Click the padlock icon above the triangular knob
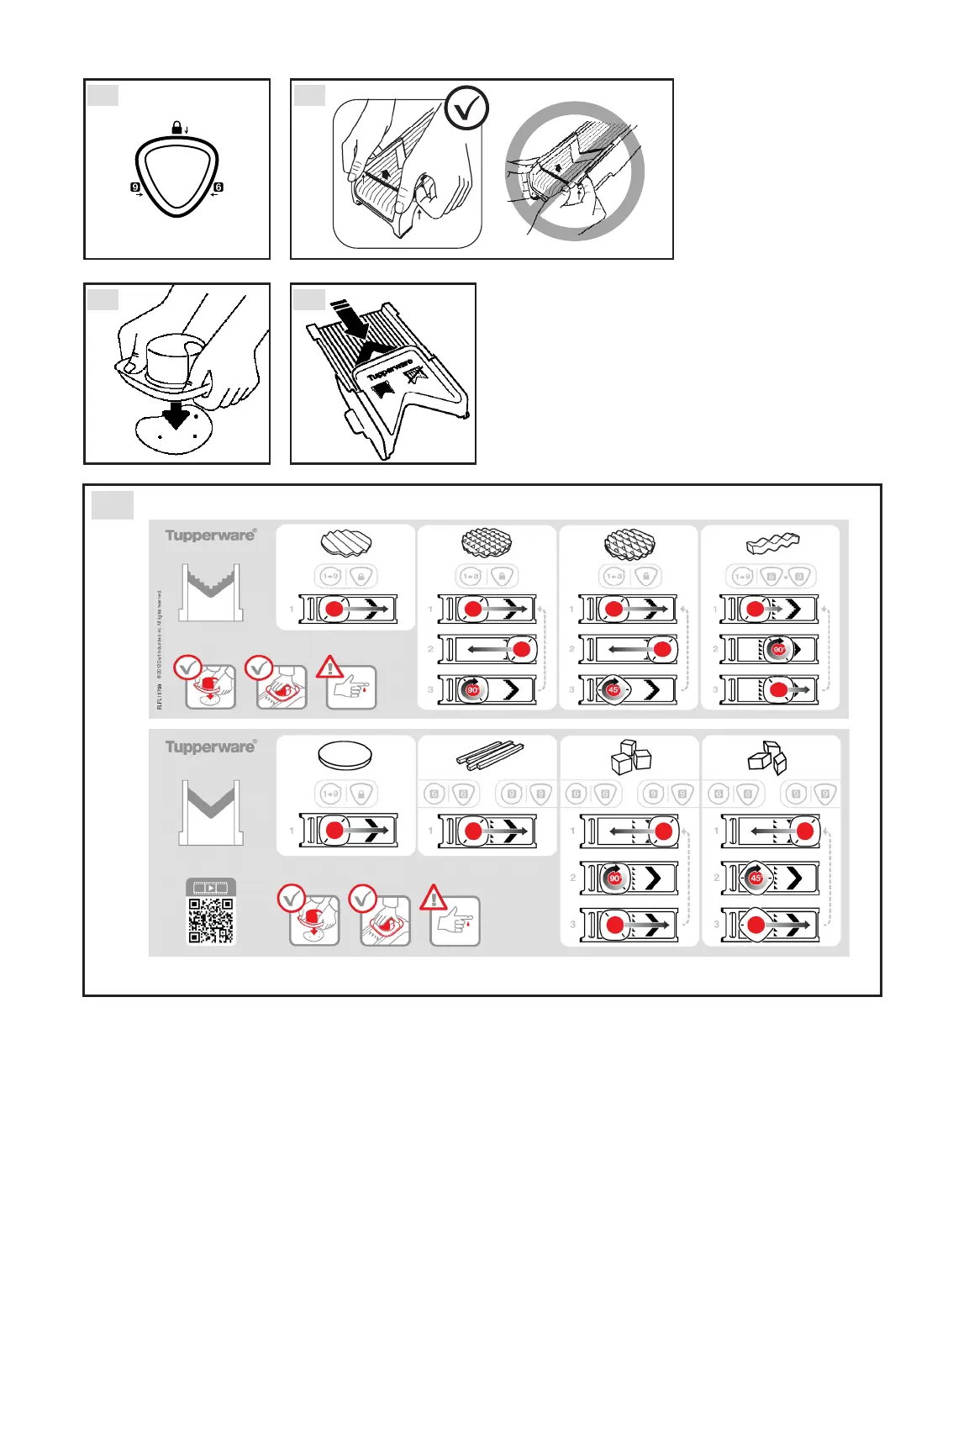pos(176,128)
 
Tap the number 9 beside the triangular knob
pos(135,187)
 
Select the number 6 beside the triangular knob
pos(219,187)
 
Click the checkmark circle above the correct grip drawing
pos(466,108)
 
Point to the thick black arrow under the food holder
pos(176,414)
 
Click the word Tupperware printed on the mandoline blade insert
pos(390,370)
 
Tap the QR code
pos(210,921)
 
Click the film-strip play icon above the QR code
pos(210,888)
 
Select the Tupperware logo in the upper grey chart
pos(210,536)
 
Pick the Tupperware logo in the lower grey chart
pos(210,747)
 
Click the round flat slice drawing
pos(345,755)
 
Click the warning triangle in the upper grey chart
pos(329,668)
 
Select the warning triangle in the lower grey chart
pos(434,898)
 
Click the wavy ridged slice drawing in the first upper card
pos(345,543)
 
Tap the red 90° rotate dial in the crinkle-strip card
pos(779,650)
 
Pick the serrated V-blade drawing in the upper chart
pos(211,593)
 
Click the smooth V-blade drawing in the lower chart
pos(211,811)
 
